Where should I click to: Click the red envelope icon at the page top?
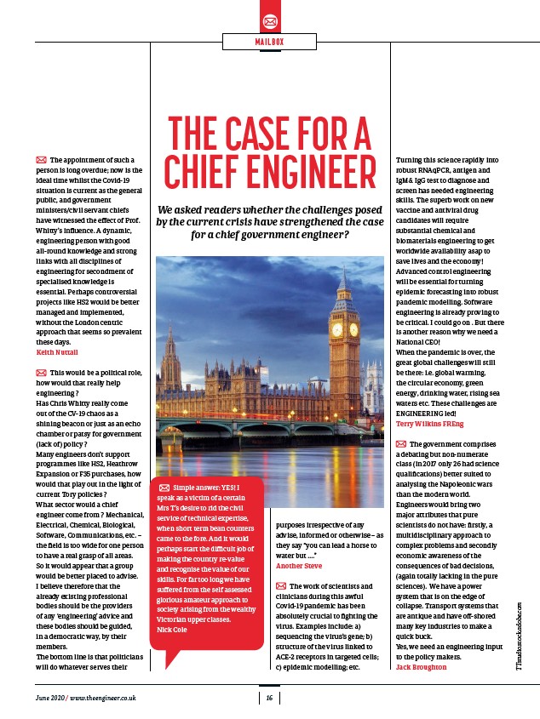(x=270, y=20)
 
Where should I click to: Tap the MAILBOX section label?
(x=270, y=41)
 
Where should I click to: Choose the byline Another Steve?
(x=298, y=566)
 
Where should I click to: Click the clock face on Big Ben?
(x=336, y=328)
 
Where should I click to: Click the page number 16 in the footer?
(x=269, y=699)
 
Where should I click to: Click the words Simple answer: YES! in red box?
(x=208, y=486)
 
